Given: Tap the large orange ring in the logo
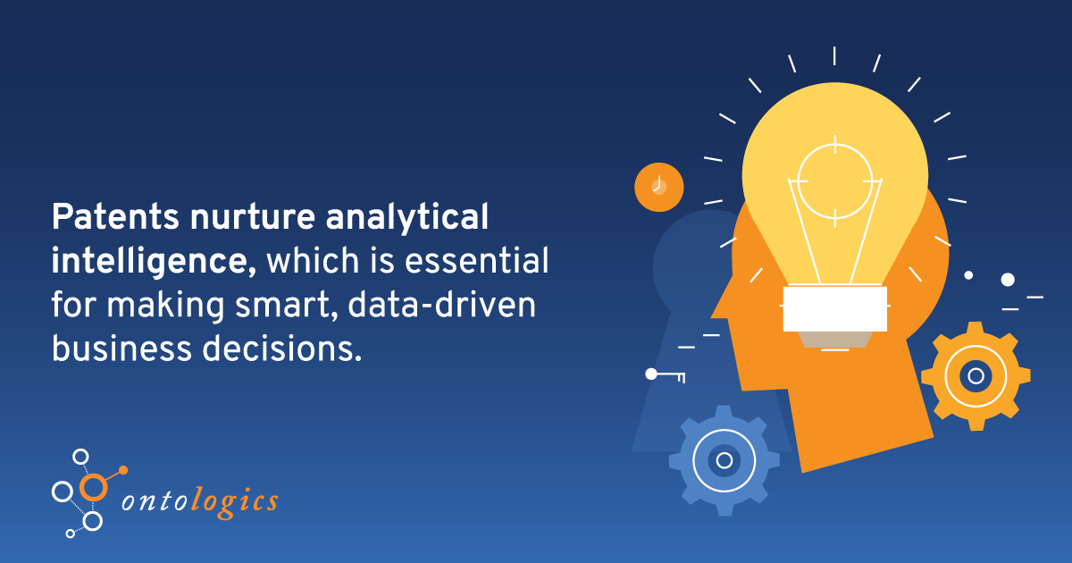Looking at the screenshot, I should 92,486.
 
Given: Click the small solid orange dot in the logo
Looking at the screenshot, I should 123,469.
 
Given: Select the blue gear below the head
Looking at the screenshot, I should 724,460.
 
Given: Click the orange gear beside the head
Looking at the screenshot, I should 976,375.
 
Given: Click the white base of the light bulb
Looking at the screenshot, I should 834,308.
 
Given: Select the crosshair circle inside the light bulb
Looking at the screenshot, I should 834,180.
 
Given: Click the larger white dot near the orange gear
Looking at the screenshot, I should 1008,280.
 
